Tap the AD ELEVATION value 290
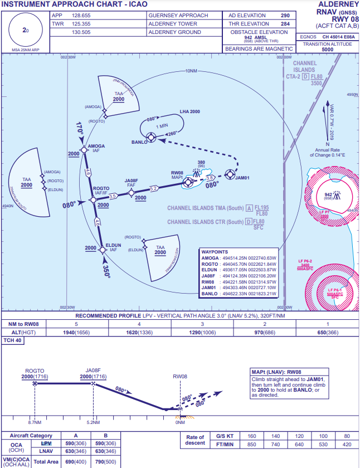(x=285, y=16)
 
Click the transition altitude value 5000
(x=327, y=49)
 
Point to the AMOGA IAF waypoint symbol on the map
(x=84, y=149)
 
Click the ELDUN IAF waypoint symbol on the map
(x=102, y=250)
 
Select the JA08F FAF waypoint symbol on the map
(x=132, y=193)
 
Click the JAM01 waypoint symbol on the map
(x=229, y=174)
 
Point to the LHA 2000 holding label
(x=189, y=111)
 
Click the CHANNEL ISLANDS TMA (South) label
(x=205, y=208)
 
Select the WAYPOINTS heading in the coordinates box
(x=215, y=252)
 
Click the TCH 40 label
(x=12, y=340)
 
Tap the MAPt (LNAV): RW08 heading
(x=276, y=372)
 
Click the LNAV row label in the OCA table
(x=46, y=451)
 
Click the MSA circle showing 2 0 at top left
(x=25, y=30)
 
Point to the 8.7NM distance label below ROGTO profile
(x=35, y=422)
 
